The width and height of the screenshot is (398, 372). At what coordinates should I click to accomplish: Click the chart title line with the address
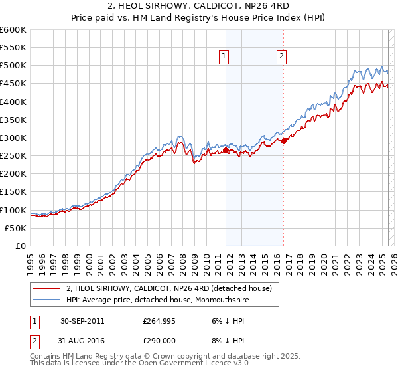pos(199,6)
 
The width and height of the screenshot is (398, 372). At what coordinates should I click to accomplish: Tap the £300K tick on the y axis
pos(13,138)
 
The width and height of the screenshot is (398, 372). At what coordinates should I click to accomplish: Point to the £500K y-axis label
pos(13,65)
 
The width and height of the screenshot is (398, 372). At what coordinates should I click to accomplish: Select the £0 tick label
pos(21,246)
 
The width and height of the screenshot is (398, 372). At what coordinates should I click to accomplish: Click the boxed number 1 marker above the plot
pos(224,57)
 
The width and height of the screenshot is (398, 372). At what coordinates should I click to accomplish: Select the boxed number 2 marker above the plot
pos(282,57)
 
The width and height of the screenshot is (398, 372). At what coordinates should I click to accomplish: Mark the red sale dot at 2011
pos(226,151)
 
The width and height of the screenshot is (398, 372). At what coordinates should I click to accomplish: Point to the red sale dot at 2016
pos(283,141)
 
